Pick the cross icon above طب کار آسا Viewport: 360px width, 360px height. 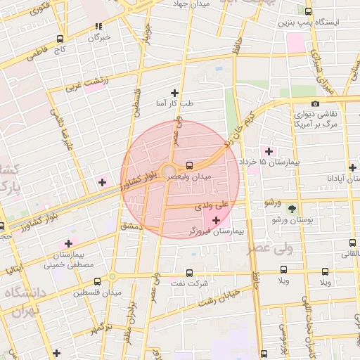[174, 92]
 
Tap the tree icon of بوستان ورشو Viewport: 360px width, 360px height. [292, 209]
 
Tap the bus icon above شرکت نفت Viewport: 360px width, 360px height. [188, 272]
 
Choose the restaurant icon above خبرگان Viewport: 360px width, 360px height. [99, 27]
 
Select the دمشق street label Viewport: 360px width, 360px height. [131, 226]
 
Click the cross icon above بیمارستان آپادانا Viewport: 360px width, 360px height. [352, 167]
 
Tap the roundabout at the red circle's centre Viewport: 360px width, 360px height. [169, 173]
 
